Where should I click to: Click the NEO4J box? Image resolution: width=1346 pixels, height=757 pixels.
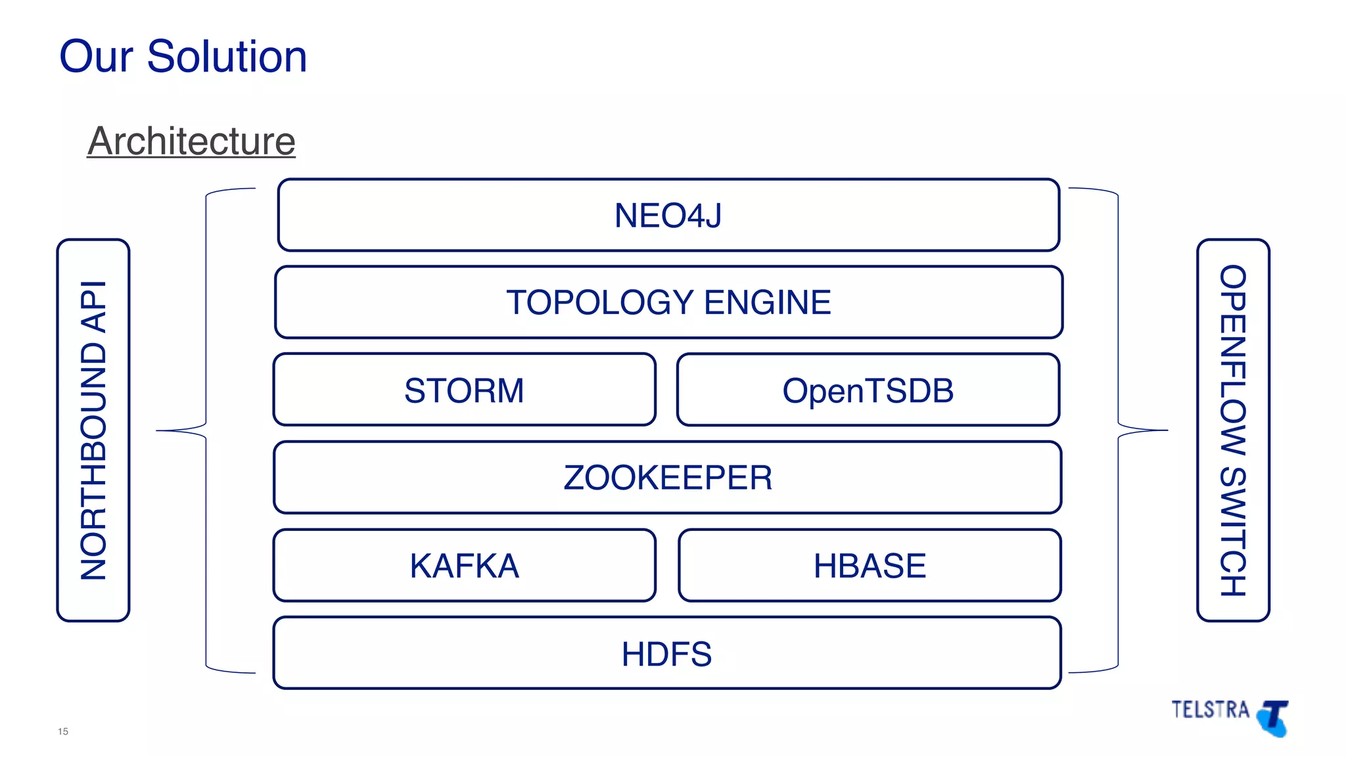point(668,216)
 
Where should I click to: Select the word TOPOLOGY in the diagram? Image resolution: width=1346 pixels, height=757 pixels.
point(599,302)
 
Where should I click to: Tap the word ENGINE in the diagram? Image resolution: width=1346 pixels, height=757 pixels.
point(767,302)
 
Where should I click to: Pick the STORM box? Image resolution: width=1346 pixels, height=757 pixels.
point(464,390)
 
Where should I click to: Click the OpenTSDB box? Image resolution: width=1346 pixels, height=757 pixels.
point(868,390)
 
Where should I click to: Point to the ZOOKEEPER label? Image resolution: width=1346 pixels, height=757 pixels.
point(668,478)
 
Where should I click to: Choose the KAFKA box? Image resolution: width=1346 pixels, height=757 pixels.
point(464,566)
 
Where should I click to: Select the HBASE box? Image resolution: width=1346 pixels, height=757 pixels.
point(869,566)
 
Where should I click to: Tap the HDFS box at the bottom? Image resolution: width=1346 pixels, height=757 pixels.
point(666,654)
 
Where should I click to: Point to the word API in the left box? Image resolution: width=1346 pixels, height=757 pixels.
point(93,306)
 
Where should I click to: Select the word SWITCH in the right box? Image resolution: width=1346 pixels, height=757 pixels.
point(1233,532)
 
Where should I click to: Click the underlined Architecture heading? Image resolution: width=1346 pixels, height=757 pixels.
point(191,141)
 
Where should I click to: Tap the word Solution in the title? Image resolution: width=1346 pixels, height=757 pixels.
point(227,57)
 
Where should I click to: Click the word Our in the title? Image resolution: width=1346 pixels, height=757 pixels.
point(96,57)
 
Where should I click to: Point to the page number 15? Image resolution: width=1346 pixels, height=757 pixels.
point(63,731)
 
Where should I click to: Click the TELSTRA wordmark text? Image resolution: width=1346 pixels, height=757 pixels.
point(1210,710)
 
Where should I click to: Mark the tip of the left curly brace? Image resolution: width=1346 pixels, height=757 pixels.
point(158,430)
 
